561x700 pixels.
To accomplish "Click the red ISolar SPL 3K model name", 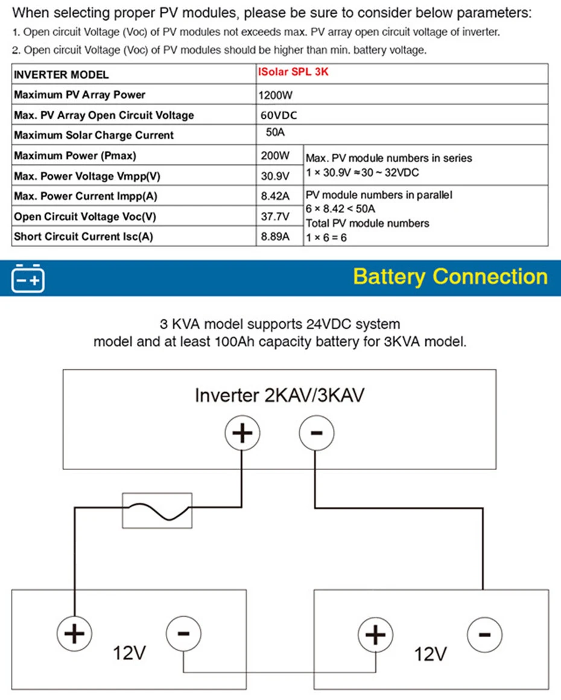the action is [293, 72].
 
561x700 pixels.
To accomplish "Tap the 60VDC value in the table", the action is [279, 115].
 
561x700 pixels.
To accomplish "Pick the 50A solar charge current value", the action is [275, 132].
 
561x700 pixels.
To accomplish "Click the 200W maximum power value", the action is [275, 155].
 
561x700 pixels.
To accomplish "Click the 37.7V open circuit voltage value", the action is [275, 217].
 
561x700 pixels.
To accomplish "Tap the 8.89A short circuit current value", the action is [275, 237].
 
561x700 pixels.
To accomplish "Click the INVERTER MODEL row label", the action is [61, 75].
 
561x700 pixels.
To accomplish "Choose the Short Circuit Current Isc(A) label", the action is [83, 237].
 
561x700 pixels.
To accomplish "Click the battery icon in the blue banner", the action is [28, 278].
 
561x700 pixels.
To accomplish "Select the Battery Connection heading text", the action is [451, 277].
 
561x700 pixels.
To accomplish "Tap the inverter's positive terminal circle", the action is [242, 433].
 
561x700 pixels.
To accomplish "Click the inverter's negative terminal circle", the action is [317, 433].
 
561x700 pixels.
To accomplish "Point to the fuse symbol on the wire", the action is [157, 511].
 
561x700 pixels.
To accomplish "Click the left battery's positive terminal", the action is [75, 634].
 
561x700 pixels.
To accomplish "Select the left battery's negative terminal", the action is [183, 634].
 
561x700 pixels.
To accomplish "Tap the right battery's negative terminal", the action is [484, 634].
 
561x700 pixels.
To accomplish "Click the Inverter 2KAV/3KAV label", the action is [279, 395].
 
